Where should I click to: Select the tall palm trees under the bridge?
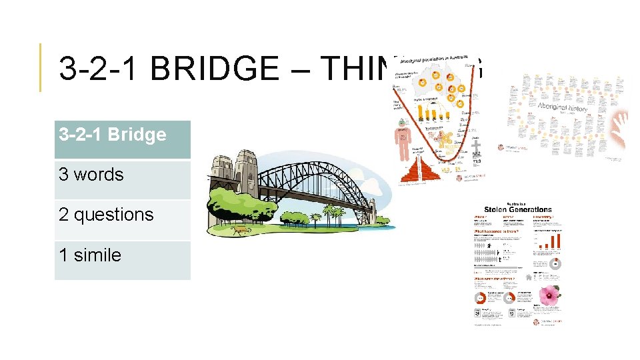(331, 214)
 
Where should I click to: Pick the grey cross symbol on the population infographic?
(475, 143)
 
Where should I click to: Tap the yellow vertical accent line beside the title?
(41, 67)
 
